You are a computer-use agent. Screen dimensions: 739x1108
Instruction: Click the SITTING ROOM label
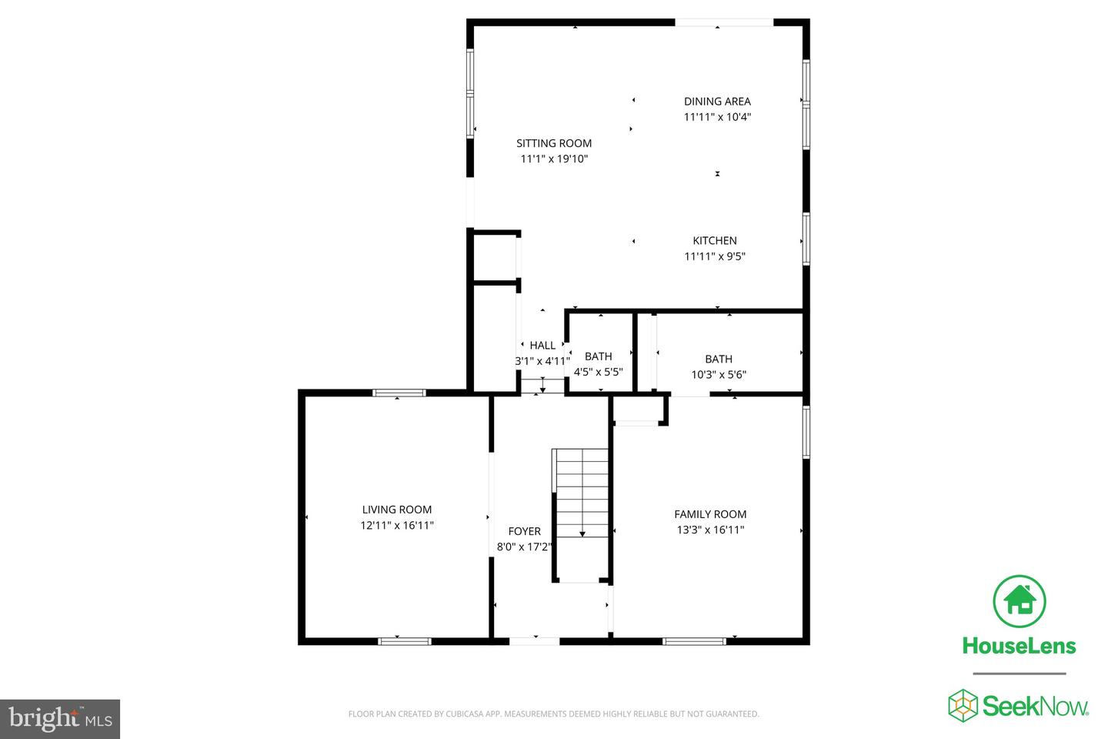coord(554,142)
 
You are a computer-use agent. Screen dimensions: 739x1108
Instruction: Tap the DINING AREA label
coord(717,101)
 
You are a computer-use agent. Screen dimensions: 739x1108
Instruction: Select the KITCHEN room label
coord(715,240)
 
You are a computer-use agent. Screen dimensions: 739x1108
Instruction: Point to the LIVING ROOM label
coord(397,509)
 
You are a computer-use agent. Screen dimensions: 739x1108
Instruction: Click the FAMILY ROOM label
coord(710,513)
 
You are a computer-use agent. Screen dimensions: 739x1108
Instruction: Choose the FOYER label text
coord(524,531)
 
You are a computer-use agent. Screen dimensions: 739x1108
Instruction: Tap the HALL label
coord(542,345)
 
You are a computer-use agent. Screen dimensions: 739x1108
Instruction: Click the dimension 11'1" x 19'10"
coord(554,159)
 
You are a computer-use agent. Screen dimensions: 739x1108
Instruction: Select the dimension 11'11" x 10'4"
coord(717,117)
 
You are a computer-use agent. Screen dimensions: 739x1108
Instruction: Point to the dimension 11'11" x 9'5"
coord(715,256)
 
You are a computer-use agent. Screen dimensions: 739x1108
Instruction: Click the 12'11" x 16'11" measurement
coord(397,525)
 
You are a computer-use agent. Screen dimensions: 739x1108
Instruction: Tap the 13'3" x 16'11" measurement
coord(710,530)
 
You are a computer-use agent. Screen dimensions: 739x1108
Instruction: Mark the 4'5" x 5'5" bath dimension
coord(598,372)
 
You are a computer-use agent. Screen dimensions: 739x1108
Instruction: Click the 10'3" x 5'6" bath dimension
coord(719,375)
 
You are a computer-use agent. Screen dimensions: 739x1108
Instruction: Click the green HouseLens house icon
coord(1020,601)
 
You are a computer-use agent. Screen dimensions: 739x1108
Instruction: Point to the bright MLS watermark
coord(60,719)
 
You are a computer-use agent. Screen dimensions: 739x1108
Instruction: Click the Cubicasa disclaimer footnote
coord(553,714)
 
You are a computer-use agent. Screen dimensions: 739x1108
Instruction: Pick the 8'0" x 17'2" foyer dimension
coord(524,547)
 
